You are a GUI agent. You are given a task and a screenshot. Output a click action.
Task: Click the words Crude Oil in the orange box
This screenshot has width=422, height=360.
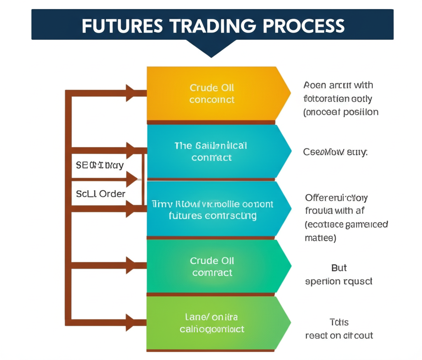212,88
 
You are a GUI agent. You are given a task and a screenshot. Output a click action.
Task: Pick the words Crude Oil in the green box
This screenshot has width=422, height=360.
212,261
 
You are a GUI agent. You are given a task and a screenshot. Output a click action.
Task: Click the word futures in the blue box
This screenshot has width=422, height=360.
185,215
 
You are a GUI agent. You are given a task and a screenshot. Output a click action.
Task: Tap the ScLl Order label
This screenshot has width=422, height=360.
101,193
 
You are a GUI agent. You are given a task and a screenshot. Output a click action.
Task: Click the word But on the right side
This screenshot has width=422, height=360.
339,268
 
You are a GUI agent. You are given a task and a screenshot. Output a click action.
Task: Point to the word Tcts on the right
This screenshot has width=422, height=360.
339,322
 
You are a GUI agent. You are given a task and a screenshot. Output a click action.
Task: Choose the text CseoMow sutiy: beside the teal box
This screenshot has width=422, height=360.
335,152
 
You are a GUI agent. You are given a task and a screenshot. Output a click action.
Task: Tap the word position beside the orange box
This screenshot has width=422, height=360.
361,112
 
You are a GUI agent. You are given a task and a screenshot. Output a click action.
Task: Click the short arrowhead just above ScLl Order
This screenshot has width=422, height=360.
132,179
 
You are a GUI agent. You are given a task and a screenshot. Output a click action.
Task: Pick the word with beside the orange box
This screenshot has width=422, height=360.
363,85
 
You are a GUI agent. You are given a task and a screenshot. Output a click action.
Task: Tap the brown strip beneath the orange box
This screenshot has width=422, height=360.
211,122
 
